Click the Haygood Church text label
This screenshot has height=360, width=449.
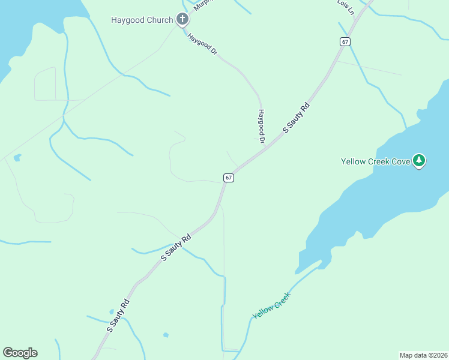(142, 20)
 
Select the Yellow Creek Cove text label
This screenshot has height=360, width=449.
(375, 161)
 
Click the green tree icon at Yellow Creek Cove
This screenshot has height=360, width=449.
(420, 161)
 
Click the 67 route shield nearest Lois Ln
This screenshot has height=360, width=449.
(344, 41)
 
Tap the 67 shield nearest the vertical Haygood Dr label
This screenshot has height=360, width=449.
(228, 178)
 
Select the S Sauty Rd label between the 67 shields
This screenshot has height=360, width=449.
(297, 118)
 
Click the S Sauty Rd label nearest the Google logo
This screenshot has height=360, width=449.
(118, 316)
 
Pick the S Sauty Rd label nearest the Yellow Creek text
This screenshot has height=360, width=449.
(176, 247)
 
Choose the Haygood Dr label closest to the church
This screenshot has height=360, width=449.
(202, 44)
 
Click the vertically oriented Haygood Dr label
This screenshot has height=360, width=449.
(261, 126)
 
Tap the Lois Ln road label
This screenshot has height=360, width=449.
(345, 7)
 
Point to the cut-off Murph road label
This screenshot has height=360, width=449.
(202, 4)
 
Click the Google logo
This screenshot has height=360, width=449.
(20, 353)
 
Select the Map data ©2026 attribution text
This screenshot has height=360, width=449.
(424, 355)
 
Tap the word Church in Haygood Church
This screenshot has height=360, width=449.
(159, 20)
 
